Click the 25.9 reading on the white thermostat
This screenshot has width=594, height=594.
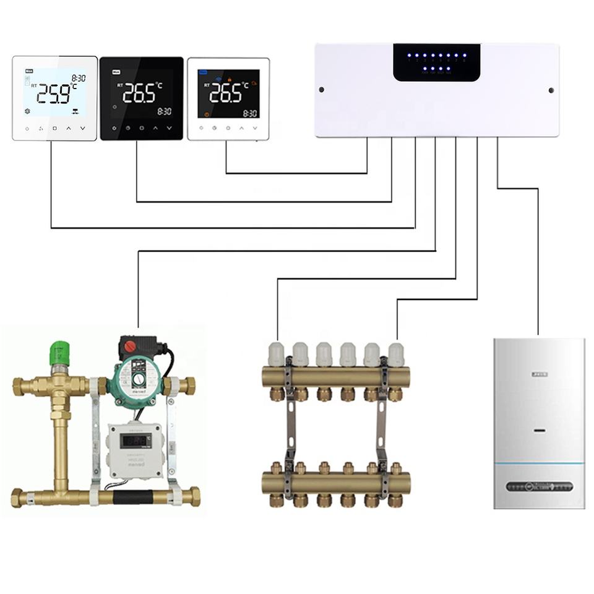pos(54,93)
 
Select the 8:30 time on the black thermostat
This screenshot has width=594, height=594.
pos(164,112)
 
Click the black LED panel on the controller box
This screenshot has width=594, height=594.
pos(436,62)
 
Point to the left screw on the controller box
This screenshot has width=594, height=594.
pos(322,90)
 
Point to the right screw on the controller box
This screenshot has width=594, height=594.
pos(551,90)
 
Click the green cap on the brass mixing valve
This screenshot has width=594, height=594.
pos(58,351)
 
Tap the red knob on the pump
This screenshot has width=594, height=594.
pos(130,346)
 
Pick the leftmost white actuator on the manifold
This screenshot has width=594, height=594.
pos(277,354)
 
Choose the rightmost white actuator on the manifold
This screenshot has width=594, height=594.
pos(396,354)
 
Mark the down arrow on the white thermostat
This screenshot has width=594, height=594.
pos(82,129)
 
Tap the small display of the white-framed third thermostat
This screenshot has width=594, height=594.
pos(228,94)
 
